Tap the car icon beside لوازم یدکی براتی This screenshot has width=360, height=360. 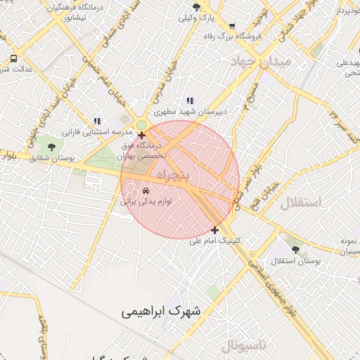coord(146,191)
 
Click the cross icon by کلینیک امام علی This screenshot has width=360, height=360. coord(214,230)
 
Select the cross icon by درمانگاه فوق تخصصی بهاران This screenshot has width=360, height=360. coord(142,134)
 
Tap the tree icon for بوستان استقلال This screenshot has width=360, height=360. coord(294,247)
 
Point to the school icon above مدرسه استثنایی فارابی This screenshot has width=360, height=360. coord(97,120)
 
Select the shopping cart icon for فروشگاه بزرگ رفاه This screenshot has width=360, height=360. coord(231,25)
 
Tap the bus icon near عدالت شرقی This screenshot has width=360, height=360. coord(13,58)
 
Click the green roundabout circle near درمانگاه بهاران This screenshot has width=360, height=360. coord(141,125)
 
